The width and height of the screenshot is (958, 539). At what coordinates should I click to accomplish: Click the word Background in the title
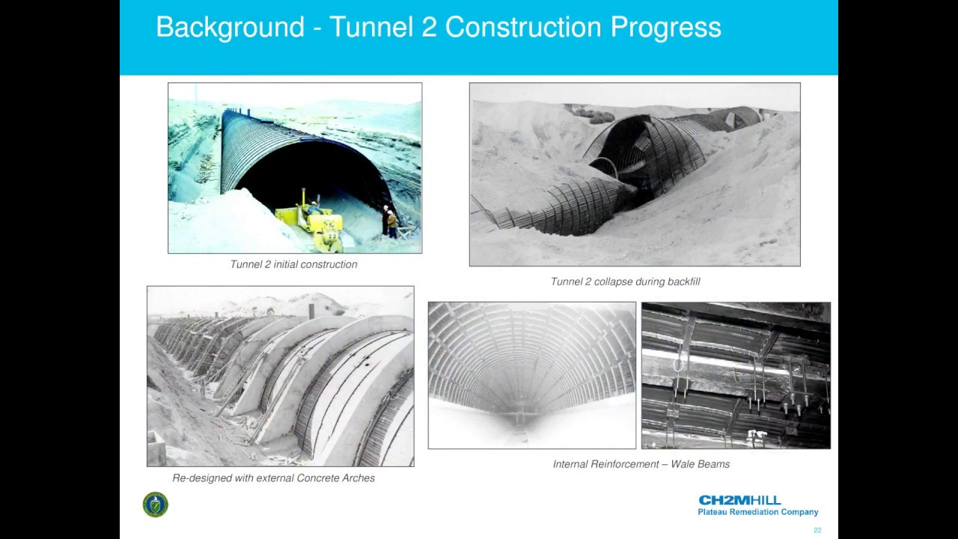pos(230,28)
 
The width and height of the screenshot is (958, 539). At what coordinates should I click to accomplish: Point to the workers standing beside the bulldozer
pos(390,222)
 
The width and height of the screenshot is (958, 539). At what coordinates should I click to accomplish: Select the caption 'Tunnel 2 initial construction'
pos(293,264)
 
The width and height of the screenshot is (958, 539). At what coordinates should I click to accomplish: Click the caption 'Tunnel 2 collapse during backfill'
pos(625,281)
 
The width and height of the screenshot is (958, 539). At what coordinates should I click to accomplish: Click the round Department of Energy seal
pos(156,505)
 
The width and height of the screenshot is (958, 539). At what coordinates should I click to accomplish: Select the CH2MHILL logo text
pos(739,500)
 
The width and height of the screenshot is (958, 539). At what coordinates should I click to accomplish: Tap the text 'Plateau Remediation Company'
pos(757,513)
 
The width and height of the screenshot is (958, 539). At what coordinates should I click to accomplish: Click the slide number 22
pos(817,530)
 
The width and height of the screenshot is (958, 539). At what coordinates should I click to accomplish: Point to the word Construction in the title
pos(523,28)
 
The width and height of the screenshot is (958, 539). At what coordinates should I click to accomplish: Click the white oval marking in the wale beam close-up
pos(678,365)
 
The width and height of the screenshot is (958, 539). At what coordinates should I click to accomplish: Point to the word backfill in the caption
pos(681,281)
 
